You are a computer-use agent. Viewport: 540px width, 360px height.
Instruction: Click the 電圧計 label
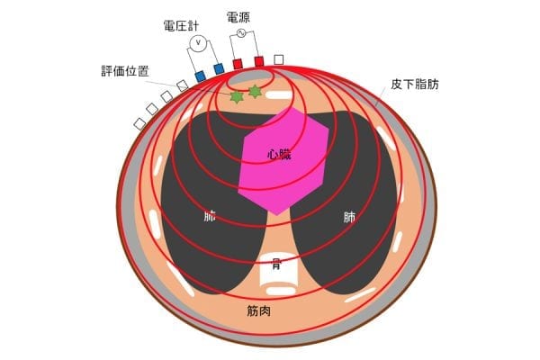pyautogui.click(x=181, y=26)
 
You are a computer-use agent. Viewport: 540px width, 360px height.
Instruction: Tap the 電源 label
pyautogui.click(x=238, y=17)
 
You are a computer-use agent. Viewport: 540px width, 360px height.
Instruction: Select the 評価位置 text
pyautogui.click(x=125, y=71)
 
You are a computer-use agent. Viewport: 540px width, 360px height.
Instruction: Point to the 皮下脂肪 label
pyautogui.click(x=415, y=84)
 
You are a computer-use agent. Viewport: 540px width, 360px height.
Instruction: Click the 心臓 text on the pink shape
pyautogui.click(x=279, y=154)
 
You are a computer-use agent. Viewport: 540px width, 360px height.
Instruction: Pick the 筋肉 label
pyautogui.click(x=259, y=310)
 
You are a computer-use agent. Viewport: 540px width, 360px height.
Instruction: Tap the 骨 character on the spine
pyautogui.click(x=276, y=265)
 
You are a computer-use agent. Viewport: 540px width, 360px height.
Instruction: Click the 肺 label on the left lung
pyautogui.click(x=210, y=217)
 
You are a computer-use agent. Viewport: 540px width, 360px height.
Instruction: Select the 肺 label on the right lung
pyautogui.click(x=349, y=218)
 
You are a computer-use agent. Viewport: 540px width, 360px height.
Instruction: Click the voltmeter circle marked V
pyautogui.click(x=198, y=42)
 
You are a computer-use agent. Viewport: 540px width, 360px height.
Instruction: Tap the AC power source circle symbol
pyautogui.click(x=241, y=33)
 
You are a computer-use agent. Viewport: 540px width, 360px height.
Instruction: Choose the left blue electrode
pyautogui.click(x=201, y=76)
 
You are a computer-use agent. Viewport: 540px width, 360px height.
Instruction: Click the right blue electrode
pyautogui.click(x=219, y=69)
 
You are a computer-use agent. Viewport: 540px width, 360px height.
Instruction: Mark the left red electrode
pyautogui.click(x=238, y=64)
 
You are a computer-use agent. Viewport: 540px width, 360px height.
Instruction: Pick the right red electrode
pyautogui.click(x=259, y=61)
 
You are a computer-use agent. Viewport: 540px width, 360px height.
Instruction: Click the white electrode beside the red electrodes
pyautogui.click(x=279, y=59)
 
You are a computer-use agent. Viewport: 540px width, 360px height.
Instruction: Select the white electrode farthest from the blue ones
pyautogui.click(x=139, y=123)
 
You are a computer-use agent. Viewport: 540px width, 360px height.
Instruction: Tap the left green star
pyautogui.click(x=237, y=97)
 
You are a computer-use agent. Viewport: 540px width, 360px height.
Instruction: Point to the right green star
pyautogui.click(x=255, y=92)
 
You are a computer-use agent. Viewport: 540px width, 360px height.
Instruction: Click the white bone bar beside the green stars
pyautogui.click(x=278, y=95)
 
